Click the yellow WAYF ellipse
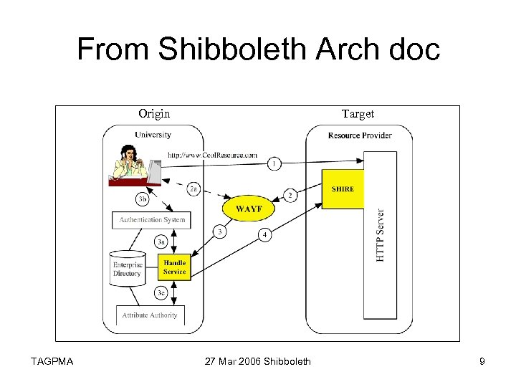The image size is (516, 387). click(249, 209)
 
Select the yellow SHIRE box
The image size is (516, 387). click(343, 189)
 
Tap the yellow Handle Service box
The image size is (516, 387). click(174, 267)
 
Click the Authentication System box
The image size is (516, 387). click(152, 220)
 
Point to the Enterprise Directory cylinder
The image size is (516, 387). click(127, 268)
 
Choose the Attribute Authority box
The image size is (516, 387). click(150, 315)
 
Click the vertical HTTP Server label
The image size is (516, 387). click(380, 235)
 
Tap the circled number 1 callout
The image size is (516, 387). click(274, 164)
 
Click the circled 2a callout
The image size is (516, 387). click(193, 189)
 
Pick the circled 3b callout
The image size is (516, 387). click(143, 198)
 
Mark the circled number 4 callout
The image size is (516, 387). click(264, 234)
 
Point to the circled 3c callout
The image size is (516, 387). click(162, 292)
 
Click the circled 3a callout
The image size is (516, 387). click(162, 242)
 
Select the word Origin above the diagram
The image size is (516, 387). click(154, 114)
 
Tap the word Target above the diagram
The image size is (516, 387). click(358, 114)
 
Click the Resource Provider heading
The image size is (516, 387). click(360, 135)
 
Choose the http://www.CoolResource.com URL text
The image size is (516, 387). click(212, 154)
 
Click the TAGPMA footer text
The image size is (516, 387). click(52, 361)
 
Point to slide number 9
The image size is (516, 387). click(482, 361)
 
